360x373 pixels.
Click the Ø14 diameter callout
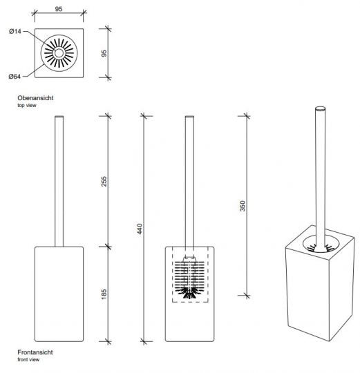tap(15, 31)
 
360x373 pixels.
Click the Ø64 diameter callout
tap(15, 77)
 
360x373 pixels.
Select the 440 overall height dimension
tap(140, 229)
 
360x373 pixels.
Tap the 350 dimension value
tap(243, 206)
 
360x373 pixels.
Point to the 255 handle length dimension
tap(104, 181)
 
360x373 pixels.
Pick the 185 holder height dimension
tap(104, 294)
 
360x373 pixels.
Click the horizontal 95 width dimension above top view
tap(59, 9)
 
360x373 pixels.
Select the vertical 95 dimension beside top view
tap(104, 53)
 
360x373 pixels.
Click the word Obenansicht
tap(35, 98)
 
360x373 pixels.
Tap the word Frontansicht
tap(35, 352)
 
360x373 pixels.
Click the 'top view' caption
tap(27, 106)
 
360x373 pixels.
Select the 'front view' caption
tap(28, 359)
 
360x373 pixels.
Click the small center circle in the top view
tap(59, 53)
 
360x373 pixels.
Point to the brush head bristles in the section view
tap(189, 279)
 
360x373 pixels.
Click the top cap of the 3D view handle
tap(320, 108)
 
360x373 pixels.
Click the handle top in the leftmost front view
tap(59, 117)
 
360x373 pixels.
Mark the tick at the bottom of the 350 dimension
tap(247, 296)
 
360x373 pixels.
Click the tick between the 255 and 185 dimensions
tap(108, 247)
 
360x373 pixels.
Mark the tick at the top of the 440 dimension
tap(144, 116)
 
